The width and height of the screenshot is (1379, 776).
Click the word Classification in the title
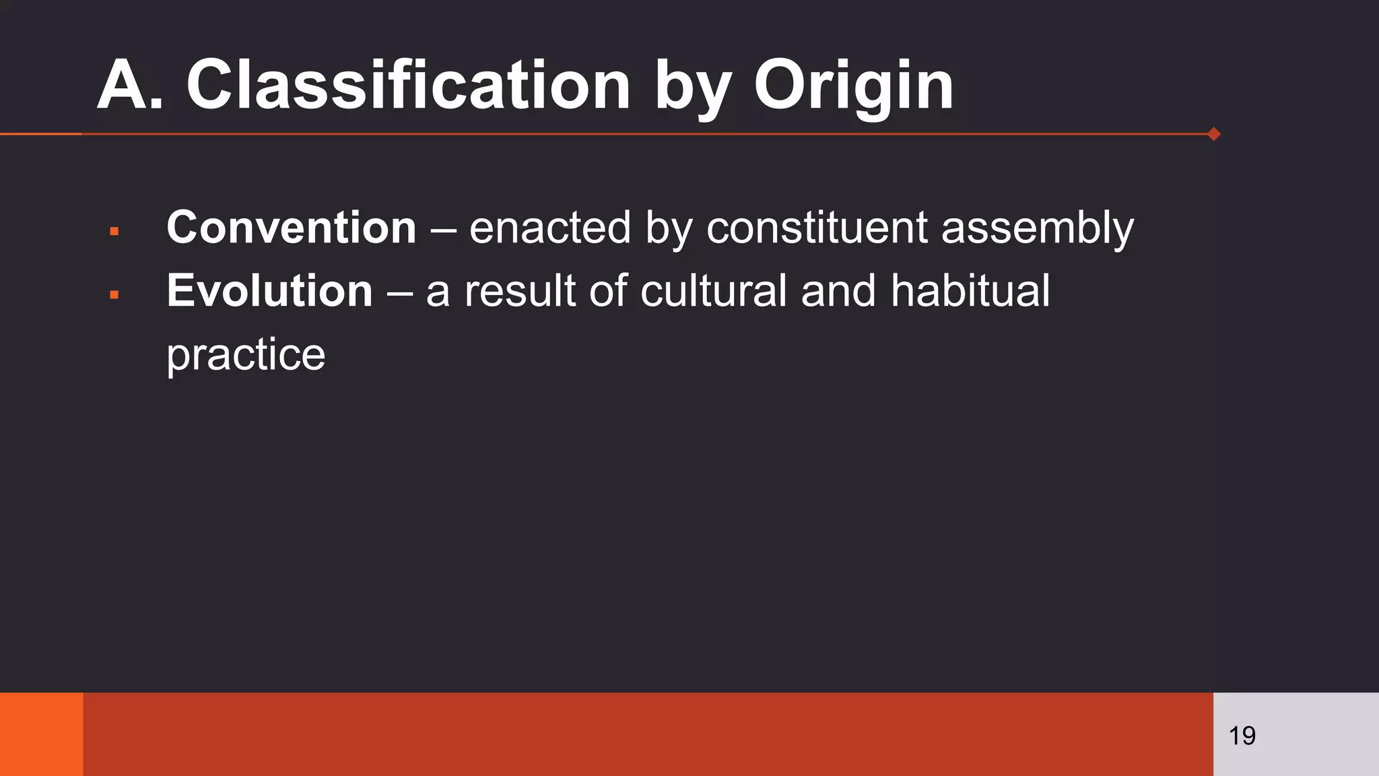pyautogui.click(x=408, y=85)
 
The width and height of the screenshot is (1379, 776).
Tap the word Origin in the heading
pyautogui.click(x=853, y=86)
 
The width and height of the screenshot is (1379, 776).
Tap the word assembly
pyautogui.click(x=1037, y=229)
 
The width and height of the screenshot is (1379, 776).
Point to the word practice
pyautogui.click(x=246, y=355)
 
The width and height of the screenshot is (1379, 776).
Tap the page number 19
pyautogui.click(x=1242, y=736)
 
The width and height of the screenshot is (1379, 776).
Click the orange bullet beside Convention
pyautogui.click(x=114, y=232)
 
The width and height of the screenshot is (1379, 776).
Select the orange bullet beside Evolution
pyautogui.click(x=114, y=295)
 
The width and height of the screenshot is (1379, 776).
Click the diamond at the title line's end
pyautogui.click(x=1214, y=134)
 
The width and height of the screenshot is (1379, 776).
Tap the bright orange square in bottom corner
pyautogui.click(x=41, y=734)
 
